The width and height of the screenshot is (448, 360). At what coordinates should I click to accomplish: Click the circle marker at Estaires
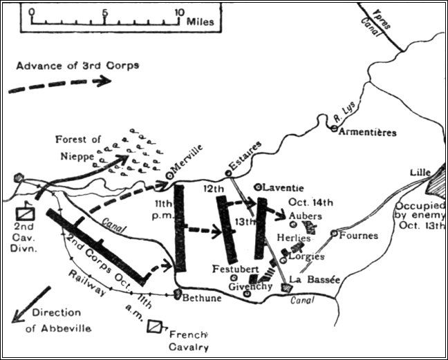[x=227, y=173]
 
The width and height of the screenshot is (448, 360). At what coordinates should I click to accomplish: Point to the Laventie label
[x=281, y=186]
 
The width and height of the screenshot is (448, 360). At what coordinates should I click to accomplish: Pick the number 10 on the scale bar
[x=179, y=12]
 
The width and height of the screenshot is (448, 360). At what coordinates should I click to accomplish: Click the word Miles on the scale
[x=200, y=21]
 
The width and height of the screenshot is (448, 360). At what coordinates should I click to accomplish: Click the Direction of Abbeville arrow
[x=32, y=305]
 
